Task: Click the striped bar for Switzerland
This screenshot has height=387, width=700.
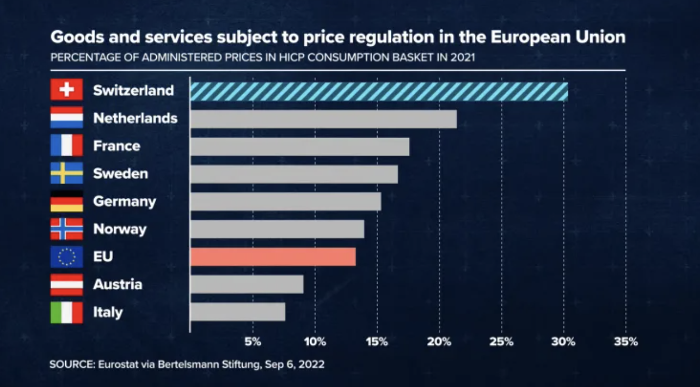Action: coord(379,92)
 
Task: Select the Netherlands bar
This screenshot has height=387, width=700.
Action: coord(323,119)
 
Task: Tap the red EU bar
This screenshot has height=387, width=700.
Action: coord(273,257)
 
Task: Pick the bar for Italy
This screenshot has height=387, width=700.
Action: coord(238,312)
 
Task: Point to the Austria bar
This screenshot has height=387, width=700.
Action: coord(247,284)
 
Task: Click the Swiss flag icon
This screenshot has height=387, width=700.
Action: coord(66,90)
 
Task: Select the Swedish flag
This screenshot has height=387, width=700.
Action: coord(66,173)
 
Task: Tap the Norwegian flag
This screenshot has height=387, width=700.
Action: coord(66,229)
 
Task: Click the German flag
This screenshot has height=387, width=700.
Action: coord(66,201)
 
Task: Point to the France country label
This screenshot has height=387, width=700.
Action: coord(116,146)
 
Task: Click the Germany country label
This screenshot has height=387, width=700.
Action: coord(124,201)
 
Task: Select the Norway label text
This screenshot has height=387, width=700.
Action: coord(119,229)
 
